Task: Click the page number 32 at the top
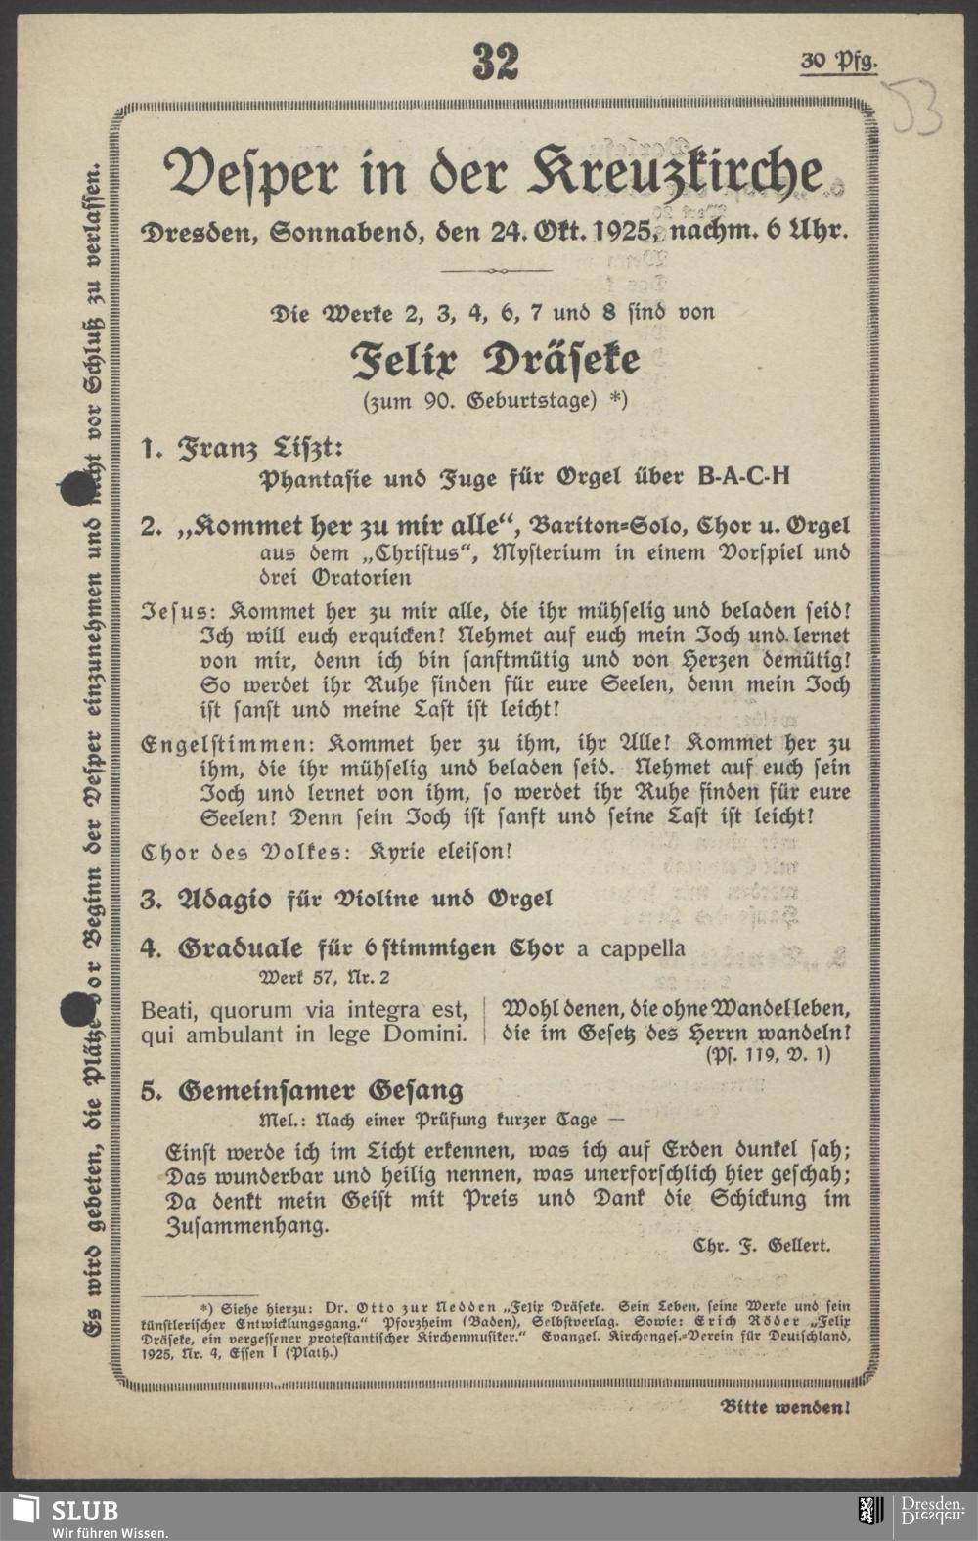pos(495,63)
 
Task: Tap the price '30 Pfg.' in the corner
pos(838,62)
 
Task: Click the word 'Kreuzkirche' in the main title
pos(676,174)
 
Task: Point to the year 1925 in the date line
pos(620,234)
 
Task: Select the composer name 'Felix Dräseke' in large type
pos(496,361)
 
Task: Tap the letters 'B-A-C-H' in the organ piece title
pos(742,478)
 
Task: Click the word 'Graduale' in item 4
pos(243,948)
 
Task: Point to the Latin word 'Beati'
pos(169,1009)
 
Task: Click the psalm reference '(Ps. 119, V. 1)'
pos(767,1054)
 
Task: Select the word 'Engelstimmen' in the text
pos(203,743)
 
